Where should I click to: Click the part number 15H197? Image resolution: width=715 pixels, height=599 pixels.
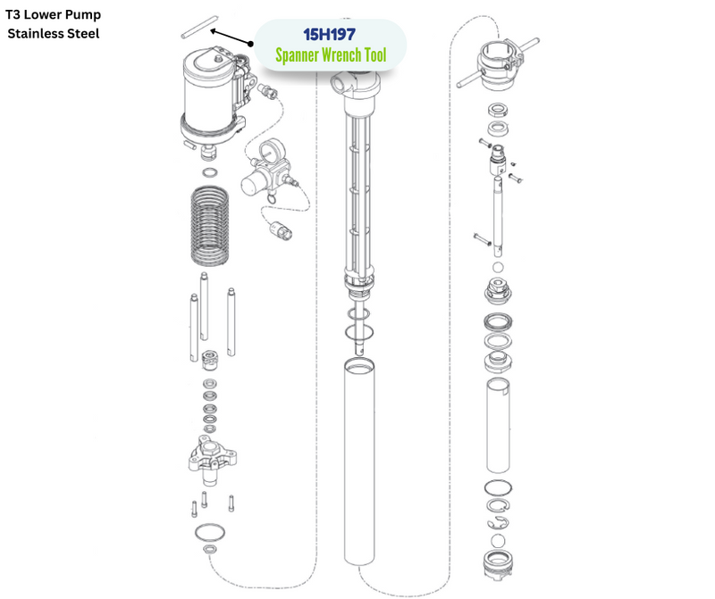(x=329, y=34)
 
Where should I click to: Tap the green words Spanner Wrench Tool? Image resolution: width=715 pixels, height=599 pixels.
(x=331, y=55)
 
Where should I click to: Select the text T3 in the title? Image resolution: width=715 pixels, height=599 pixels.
(x=13, y=14)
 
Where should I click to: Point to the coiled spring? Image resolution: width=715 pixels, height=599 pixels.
(x=209, y=226)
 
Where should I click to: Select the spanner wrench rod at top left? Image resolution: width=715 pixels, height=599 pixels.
(x=199, y=27)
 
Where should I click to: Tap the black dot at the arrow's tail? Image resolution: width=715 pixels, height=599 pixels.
(x=250, y=44)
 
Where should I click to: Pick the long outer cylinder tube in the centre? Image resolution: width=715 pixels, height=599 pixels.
(x=359, y=461)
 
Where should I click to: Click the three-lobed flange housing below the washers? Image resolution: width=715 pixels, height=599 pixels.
(x=212, y=460)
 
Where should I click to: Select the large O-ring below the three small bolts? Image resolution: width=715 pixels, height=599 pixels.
(x=210, y=532)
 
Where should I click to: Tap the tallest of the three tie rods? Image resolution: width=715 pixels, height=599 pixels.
(x=204, y=306)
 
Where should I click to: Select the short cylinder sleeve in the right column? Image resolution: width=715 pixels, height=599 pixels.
(x=498, y=426)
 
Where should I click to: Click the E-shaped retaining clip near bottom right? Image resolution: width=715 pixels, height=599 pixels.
(x=498, y=523)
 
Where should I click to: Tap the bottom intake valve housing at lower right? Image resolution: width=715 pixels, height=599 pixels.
(x=498, y=566)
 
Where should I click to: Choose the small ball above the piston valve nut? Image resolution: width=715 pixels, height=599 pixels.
(x=498, y=267)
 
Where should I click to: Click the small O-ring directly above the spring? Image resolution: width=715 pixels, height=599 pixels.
(x=210, y=173)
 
